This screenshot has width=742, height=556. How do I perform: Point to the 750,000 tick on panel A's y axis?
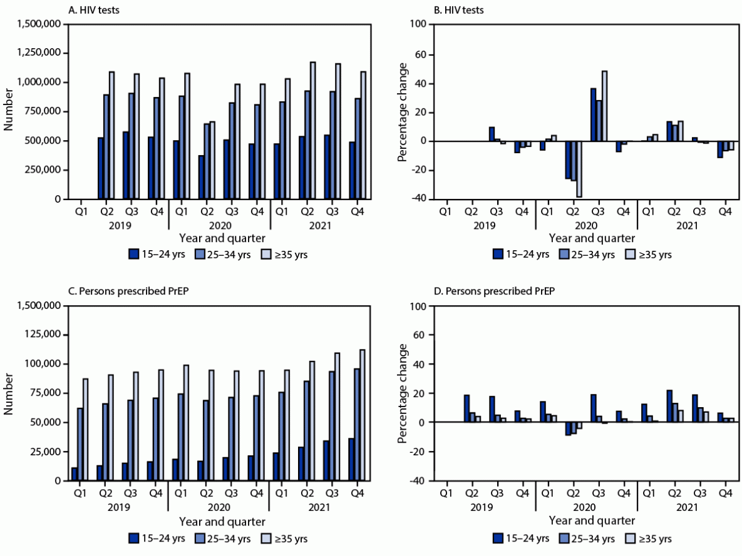[42, 111]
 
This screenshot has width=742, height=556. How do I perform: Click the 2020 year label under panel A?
[219, 225]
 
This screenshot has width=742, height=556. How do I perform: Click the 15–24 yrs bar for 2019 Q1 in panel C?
[75, 474]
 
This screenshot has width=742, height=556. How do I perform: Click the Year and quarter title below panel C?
[219, 521]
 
